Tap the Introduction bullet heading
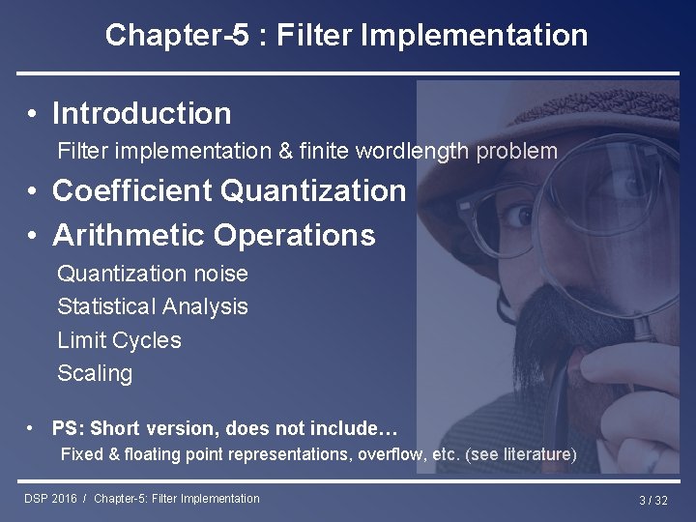(x=141, y=113)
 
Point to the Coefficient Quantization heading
(x=229, y=190)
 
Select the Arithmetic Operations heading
(x=214, y=235)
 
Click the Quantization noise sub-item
(x=153, y=274)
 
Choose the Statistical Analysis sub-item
(x=153, y=306)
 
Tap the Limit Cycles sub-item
(x=119, y=340)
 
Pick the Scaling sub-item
(x=95, y=373)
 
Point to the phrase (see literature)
(x=521, y=454)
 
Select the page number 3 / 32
(x=652, y=500)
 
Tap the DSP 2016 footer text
(x=50, y=499)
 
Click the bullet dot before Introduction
(x=33, y=114)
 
